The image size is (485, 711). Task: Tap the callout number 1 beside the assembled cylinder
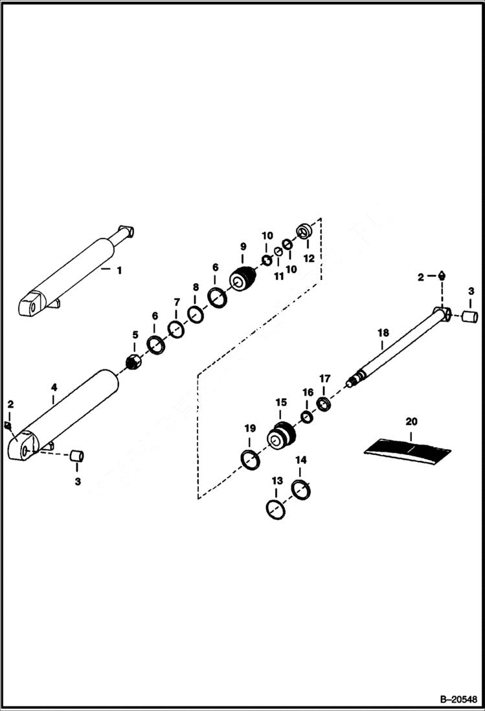click(x=118, y=270)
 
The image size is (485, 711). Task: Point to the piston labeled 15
click(x=282, y=435)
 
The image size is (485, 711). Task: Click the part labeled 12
click(x=305, y=230)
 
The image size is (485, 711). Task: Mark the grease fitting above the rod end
click(x=441, y=275)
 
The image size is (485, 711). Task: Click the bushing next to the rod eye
click(x=469, y=318)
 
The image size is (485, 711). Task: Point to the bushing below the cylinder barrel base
click(x=78, y=456)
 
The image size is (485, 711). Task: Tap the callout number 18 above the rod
click(x=383, y=332)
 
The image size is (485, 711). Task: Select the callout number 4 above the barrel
click(x=54, y=388)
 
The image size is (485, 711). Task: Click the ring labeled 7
click(x=175, y=329)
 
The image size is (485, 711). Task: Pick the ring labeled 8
click(x=195, y=314)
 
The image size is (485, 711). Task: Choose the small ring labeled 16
click(x=307, y=416)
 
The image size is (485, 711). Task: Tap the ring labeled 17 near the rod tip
click(x=324, y=405)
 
